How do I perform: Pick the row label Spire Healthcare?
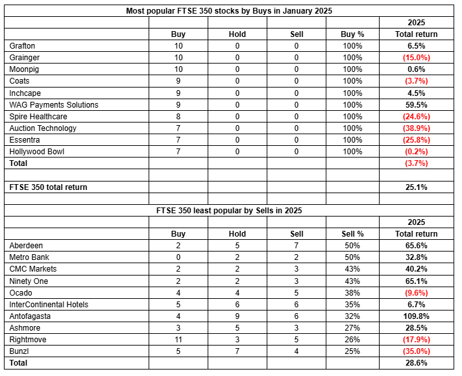tap(38, 116)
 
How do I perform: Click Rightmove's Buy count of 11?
tap(178, 340)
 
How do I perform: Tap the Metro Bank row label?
tap(29, 257)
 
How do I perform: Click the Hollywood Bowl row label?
tap(37, 152)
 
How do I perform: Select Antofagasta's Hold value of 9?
tap(237, 316)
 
